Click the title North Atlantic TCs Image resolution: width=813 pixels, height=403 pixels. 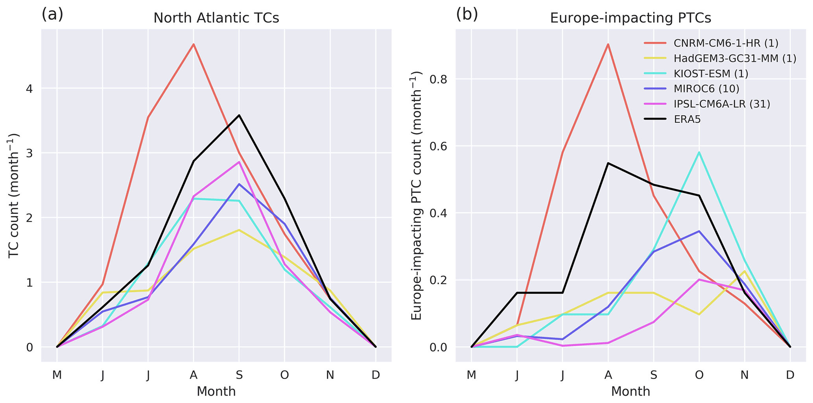click(x=216, y=18)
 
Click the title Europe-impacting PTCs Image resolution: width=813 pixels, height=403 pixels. click(x=630, y=18)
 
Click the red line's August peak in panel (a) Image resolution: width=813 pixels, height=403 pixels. click(x=194, y=44)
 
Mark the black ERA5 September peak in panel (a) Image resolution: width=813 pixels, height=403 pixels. click(x=239, y=115)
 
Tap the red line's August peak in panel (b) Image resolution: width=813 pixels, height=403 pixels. click(x=608, y=44)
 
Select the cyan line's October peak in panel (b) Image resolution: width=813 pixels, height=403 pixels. click(x=699, y=152)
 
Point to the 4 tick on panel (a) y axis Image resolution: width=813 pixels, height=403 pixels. click(x=29, y=88)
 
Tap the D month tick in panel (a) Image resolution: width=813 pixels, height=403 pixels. click(x=376, y=375)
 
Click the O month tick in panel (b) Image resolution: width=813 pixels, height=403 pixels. click(x=699, y=375)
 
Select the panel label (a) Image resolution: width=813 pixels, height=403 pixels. click(x=52, y=15)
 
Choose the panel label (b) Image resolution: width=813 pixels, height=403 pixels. click(x=467, y=15)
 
